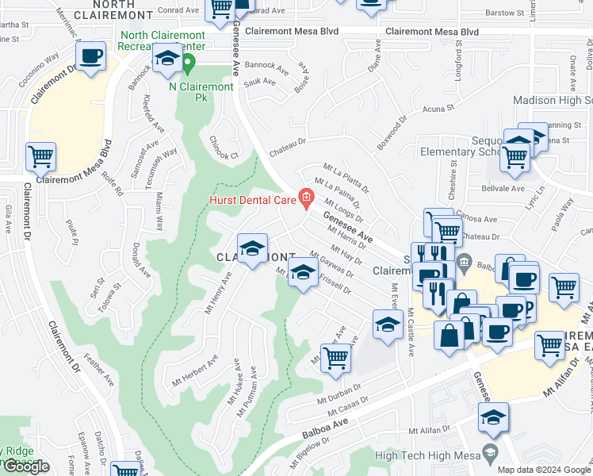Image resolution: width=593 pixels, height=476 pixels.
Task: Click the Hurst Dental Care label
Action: [251, 201]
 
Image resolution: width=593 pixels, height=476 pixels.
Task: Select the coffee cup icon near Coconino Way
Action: [91, 57]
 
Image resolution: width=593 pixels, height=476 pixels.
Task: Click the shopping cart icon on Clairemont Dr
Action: [40, 157]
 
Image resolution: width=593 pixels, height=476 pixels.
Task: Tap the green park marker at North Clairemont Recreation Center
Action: [189, 63]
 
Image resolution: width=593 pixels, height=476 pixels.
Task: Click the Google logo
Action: [25, 466]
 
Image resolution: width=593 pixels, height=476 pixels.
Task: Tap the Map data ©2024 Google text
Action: [543, 470]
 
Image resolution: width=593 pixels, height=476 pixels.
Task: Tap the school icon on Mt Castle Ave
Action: [388, 324]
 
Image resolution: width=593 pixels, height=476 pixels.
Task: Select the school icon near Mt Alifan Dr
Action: [493, 417]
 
